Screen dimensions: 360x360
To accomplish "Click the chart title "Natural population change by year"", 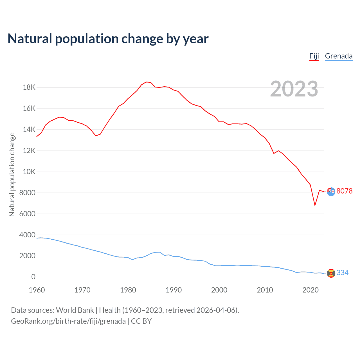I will [108, 39].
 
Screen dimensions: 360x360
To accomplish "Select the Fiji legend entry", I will [314, 56].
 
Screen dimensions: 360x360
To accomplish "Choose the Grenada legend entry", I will [339, 56].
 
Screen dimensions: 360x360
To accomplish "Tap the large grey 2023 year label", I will [294, 89].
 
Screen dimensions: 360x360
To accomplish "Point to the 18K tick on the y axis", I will [29, 87].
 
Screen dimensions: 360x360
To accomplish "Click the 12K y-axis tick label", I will [29, 151].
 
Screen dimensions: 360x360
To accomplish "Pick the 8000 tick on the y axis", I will [28, 193].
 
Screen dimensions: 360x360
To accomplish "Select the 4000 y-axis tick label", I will [28, 235].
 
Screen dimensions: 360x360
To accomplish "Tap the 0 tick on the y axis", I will [33, 277].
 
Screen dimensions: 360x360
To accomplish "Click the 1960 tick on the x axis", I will [37, 290].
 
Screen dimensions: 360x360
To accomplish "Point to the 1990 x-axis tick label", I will [174, 290].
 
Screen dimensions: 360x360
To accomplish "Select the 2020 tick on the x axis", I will [310, 290].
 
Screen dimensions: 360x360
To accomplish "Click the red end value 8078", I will [344, 191].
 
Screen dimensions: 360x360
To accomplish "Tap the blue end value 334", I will [342, 273].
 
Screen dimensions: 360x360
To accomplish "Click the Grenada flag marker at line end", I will [331, 273].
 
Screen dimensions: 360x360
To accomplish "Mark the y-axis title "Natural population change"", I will [12, 175].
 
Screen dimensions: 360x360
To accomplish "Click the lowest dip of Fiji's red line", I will [315, 205].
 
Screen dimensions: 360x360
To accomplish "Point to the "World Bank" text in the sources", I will [75, 310].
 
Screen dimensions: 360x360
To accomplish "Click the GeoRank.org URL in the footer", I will [68, 321].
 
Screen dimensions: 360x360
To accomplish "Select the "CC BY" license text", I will [141, 321].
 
